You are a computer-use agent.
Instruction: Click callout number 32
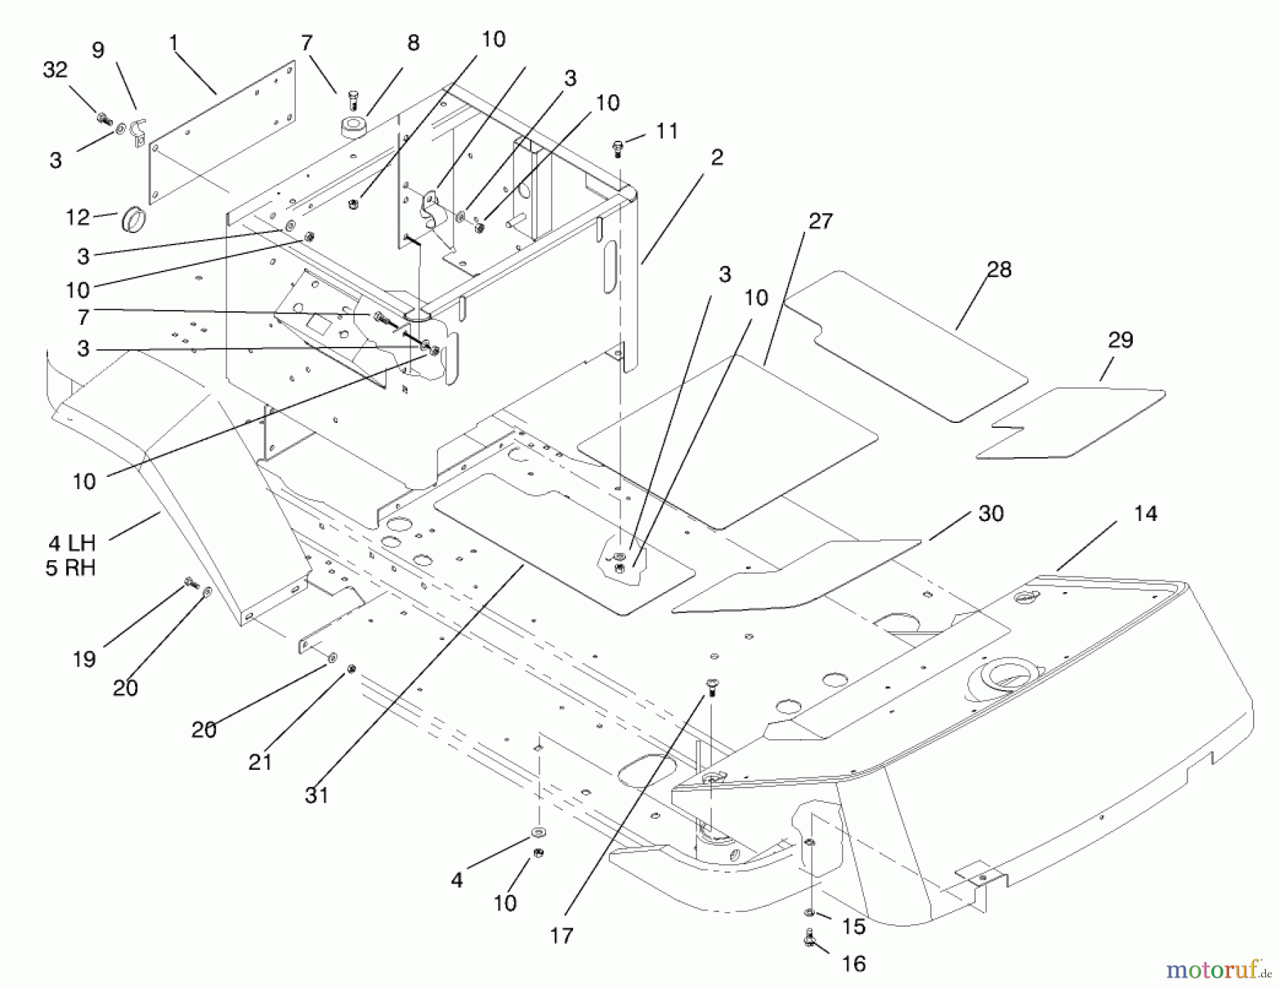[x=55, y=70]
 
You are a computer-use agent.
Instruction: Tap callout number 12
[x=78, y=217]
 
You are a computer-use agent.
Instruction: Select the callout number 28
[x=998, y=269]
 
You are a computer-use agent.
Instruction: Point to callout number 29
[x=1120, y=340]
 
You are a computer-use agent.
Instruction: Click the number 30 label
[x=991, y=513]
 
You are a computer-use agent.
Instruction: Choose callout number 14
[x=1145, y=513]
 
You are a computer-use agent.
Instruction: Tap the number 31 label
[x=316, y=795]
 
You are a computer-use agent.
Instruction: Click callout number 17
[x=561, y=935]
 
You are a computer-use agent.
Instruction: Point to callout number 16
[x=853, y=963]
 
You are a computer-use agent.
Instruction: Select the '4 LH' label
[x=72, y=544]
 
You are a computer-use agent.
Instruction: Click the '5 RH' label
[x=70, y=569]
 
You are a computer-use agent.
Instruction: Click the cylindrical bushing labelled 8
[x=351, y=128]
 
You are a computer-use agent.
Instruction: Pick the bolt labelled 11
[x=617, y=148]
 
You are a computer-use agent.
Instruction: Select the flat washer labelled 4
[x=538, y=831]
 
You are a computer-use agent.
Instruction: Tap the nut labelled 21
[x=351, y=669]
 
